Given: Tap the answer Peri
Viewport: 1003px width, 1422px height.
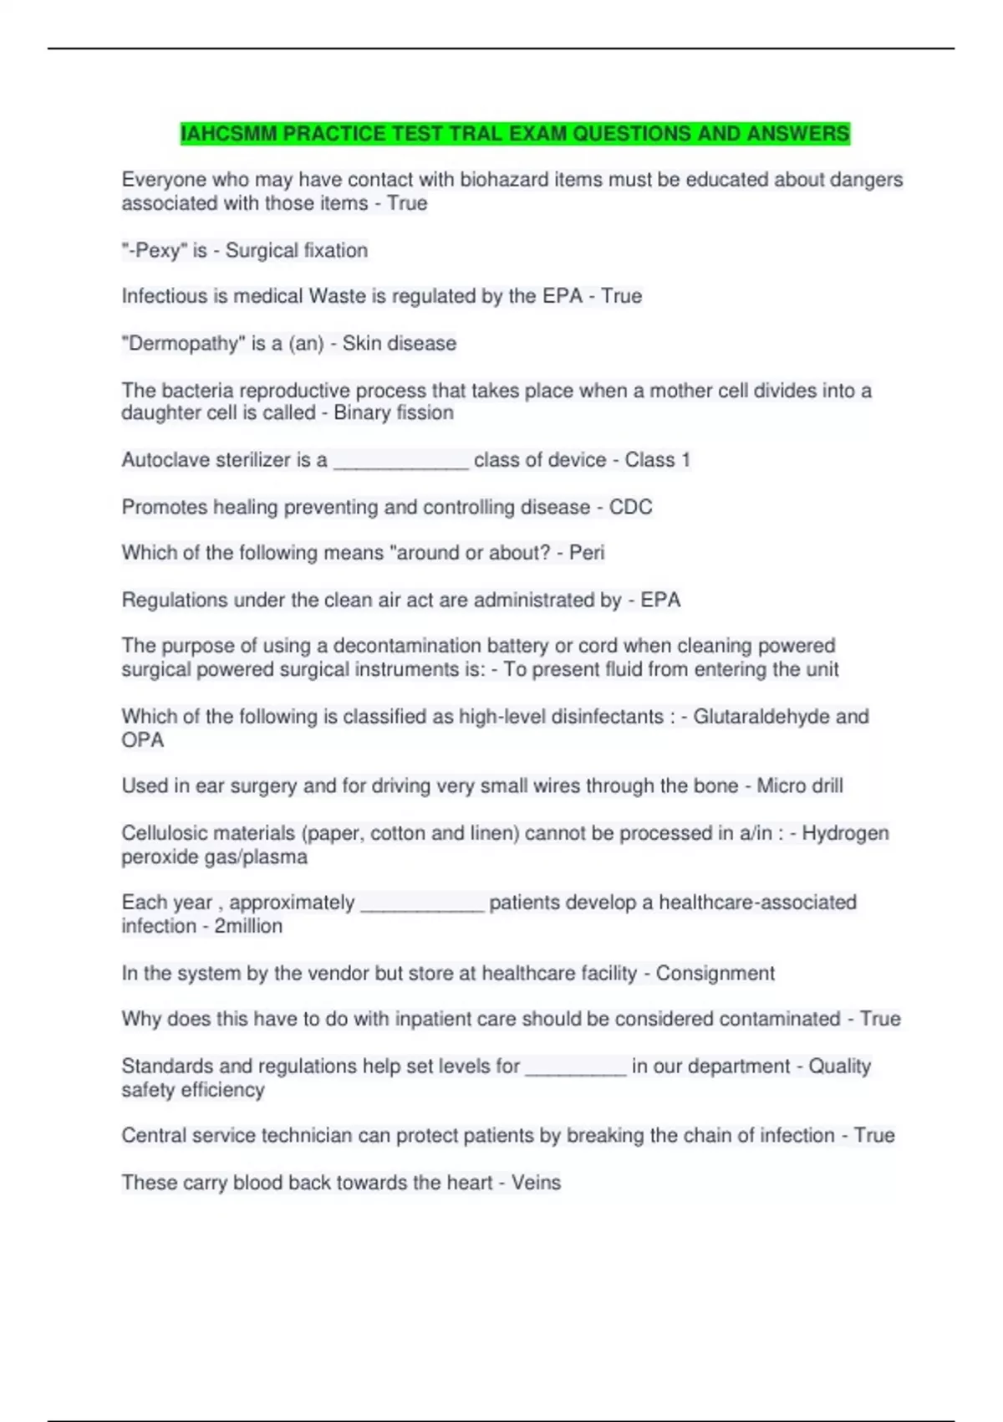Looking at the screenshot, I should coord(587,553).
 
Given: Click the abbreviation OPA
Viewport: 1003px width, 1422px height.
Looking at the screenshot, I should coord(143,740).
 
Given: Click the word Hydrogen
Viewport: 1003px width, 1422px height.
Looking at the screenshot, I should coord(845,833).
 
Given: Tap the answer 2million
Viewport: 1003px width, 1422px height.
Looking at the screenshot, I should coord(248,927).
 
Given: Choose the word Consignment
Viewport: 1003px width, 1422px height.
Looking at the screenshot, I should coord(715,974).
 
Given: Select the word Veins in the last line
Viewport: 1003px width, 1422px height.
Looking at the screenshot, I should coord(536,1183).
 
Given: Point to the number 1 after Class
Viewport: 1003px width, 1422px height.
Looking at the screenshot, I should coord(685,460).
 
